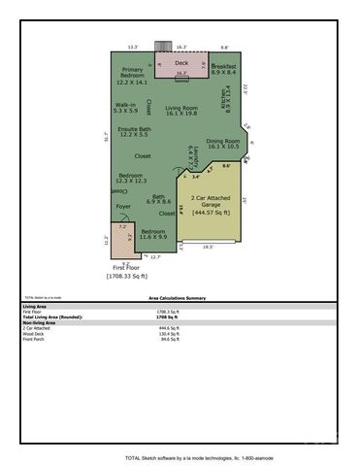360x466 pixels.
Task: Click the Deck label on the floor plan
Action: pyautogui.click(x=182, y=62)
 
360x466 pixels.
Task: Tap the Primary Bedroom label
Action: pyautogui.click(x=133, y=75)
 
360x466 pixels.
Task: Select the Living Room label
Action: pyautogui.click(x=181, y=110)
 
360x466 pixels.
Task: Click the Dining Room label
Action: pyautogui.click(x=222, y=143)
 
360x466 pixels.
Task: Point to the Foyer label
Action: pyautogui.click(x=123, y=207)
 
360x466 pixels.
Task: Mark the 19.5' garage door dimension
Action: pyautogui.click(x=208, y=248)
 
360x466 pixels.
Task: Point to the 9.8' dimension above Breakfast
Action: pyautogui.click(x=224, y=47)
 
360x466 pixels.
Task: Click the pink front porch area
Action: pyautogui.click(x=119, y=235)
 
